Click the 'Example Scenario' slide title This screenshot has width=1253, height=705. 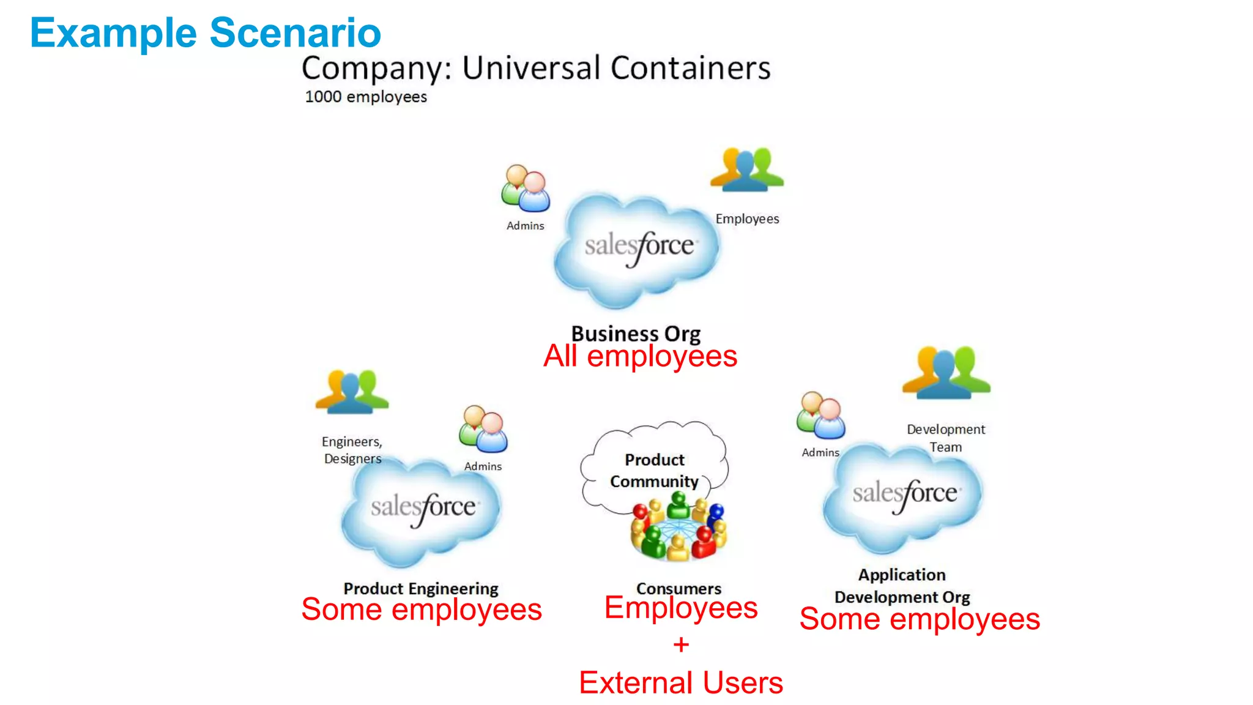[206, 33]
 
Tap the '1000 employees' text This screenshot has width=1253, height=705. [366, 97]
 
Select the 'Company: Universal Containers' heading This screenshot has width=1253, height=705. [536, 68]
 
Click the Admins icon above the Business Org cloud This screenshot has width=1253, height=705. [526, 188]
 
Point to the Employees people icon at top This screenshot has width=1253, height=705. [746, 170]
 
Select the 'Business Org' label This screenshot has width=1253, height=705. [636, 334]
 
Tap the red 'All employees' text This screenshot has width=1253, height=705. [640, 356]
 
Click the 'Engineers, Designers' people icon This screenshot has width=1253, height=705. [352, 391]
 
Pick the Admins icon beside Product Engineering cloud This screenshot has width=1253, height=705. [483, 429]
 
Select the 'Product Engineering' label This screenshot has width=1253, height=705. [421, 588]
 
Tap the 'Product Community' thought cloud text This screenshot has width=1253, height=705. [654, 470]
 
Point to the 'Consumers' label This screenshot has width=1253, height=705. [679, 588]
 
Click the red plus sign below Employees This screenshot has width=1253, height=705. [681, 644]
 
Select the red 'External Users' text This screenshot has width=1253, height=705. [681, 682]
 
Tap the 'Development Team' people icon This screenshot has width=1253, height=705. [946, 373]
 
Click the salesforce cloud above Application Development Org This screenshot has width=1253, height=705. [904, 496]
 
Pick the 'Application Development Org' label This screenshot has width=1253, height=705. [902, 586]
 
